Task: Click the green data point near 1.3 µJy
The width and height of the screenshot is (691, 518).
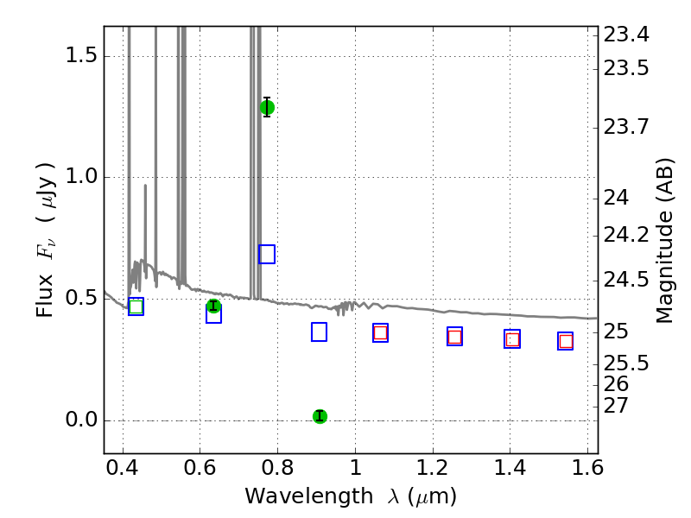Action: (267, 107)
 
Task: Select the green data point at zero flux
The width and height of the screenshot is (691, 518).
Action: (320, 416)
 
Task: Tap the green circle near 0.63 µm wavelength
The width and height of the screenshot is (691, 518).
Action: (213, 306)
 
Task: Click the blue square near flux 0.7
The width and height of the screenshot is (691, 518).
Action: (267, 254)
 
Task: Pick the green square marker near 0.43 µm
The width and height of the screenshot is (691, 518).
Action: (136, 306)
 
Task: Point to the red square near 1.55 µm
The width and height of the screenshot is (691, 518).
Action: (566, 341)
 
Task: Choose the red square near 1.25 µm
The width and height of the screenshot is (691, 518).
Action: (455, 338)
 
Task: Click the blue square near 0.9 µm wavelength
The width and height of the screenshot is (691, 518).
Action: (319, 332)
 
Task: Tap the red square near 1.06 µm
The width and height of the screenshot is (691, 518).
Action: (380, 332)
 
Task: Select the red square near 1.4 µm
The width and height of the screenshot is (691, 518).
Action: (512, 339)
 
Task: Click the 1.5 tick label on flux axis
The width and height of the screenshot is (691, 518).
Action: (81, 56)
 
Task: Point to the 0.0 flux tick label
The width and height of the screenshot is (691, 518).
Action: (81, 420)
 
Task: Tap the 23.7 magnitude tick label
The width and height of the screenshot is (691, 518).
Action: (625, 127)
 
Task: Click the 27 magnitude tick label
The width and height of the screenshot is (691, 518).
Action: (616, 406)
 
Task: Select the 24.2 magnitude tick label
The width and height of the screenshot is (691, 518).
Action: (625, 235)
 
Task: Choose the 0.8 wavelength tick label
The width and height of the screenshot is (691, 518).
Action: (277, 467)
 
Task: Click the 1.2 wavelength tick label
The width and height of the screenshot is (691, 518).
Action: (433, 467)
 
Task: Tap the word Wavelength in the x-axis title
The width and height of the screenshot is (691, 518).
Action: (309, 496)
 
